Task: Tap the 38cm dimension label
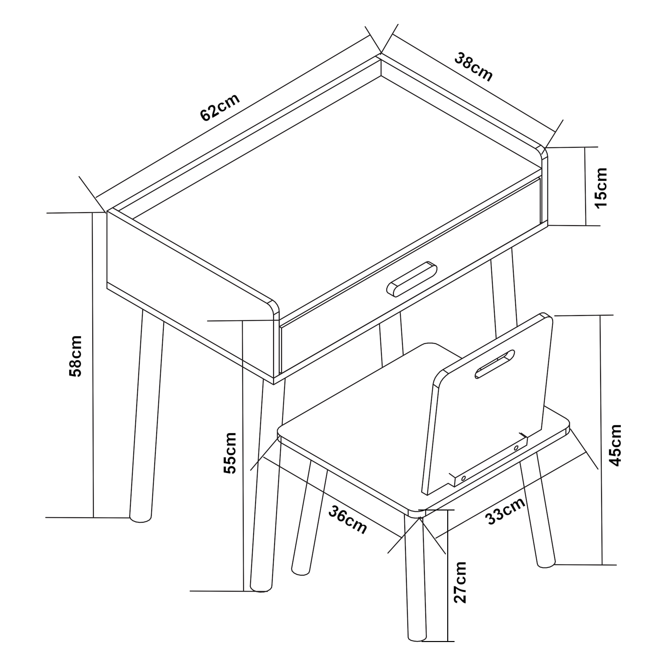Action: (x=473, y=67)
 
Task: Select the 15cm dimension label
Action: (x=601, y=188)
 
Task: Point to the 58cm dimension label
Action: (x=76, y=356)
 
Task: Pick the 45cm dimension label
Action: (x=616, y=445)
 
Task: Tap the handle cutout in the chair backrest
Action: (x=495, y=364)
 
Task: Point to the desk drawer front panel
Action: (x=410, y=276)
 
